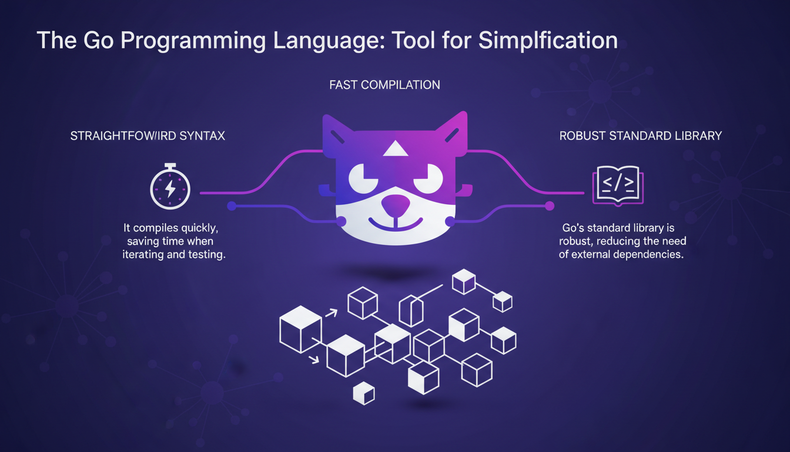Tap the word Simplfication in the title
tap(548, 41)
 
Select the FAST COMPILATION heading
tap(384, 85)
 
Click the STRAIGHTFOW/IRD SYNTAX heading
tap(148, 136)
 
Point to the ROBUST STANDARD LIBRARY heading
tap(641, 136)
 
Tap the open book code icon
tap(617, 185)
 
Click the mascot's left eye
tap(365, 177)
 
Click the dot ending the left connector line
tap(232, 205)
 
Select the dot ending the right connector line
tap(550, 205)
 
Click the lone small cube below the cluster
tap(364, 393)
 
